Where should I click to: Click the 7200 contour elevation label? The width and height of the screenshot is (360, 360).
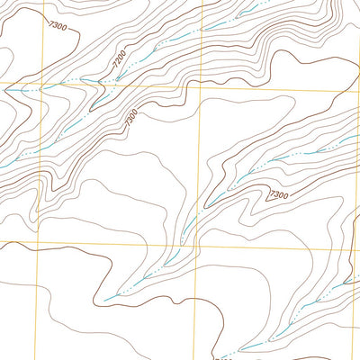pos(119,60)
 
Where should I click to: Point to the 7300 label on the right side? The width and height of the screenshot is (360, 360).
pos(278,194)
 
